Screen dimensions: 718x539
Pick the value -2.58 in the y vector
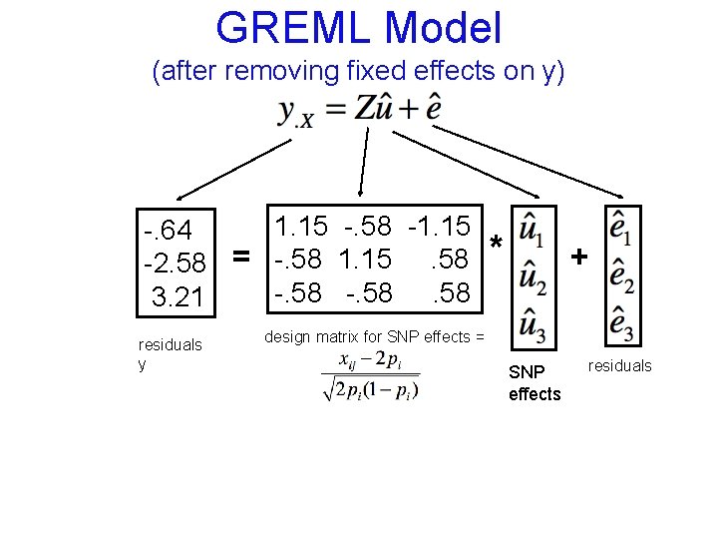[176, 264]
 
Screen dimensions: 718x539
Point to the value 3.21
[178, 296]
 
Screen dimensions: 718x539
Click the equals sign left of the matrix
[240, 258]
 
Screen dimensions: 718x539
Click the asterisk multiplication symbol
[496, 245]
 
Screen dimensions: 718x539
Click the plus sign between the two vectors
[579, 258]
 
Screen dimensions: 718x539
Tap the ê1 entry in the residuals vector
[622, 229]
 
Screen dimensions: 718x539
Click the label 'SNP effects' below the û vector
[535, 383]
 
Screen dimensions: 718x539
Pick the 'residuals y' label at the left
[170, 354]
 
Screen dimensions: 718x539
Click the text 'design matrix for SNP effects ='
[374, 336]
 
